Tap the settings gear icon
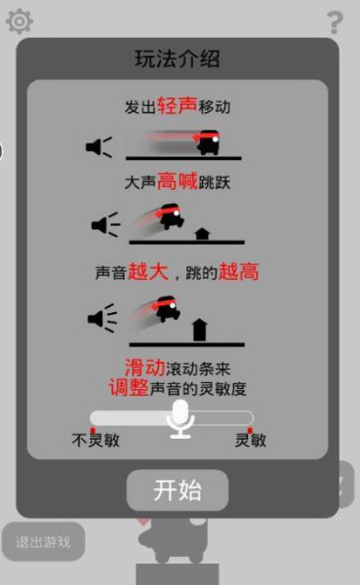(20, 20)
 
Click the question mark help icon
(335, 21)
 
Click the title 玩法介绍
(177, 58)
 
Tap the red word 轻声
(177, 104)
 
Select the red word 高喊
(178, 180)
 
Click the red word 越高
(240, 272)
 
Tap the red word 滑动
(146, 368)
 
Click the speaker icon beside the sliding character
(99, 147)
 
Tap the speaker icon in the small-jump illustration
(104, 225)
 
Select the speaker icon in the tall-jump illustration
(101, 318)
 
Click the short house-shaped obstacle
(203, 233)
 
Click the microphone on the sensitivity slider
(180, 418)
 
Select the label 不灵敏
(96, 440)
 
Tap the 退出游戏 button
(43, 541)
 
